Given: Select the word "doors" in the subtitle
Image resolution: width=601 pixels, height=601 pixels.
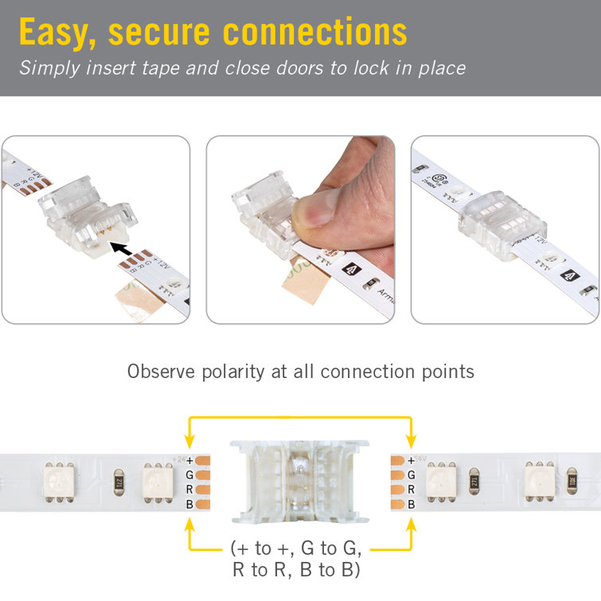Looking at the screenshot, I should click(294, 68).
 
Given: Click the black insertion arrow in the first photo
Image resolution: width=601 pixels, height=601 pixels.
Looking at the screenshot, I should click(120, 249).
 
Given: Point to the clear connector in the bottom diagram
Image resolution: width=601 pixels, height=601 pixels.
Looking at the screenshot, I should click(300, 475).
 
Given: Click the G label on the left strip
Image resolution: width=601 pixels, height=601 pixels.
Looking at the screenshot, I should click(189, 475).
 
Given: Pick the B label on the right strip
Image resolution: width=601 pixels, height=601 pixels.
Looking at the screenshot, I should click(411, 505).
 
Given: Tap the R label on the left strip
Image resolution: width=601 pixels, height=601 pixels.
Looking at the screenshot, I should click(189, 490).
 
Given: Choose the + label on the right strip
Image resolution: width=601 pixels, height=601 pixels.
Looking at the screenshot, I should click(411, 460).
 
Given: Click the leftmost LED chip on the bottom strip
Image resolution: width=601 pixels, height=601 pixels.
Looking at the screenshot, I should click(59, 482).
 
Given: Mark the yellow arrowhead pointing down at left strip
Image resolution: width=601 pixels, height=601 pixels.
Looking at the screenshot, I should click(189, 443).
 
